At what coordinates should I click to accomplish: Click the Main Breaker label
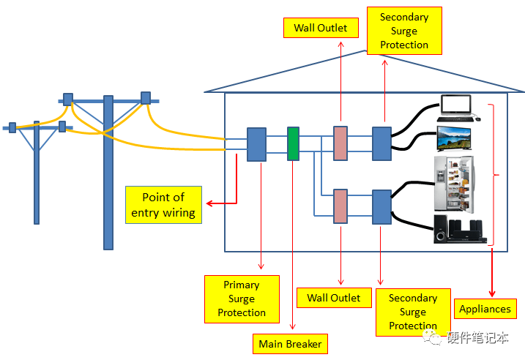290,343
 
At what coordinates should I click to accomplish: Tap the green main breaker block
293,144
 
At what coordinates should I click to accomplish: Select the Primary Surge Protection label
242,299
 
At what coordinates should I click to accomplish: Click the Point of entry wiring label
163,205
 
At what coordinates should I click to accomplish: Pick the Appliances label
485,309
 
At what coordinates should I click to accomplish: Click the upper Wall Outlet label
321,29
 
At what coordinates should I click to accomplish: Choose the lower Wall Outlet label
334,298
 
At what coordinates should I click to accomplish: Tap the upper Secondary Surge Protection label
403,31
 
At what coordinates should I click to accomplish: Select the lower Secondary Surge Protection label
412,312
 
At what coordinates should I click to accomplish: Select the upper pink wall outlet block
340,143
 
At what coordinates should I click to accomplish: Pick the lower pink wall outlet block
340,206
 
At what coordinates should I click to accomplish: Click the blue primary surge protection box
256,144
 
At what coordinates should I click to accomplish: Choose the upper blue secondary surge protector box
382,143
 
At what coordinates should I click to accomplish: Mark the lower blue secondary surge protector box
382,206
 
